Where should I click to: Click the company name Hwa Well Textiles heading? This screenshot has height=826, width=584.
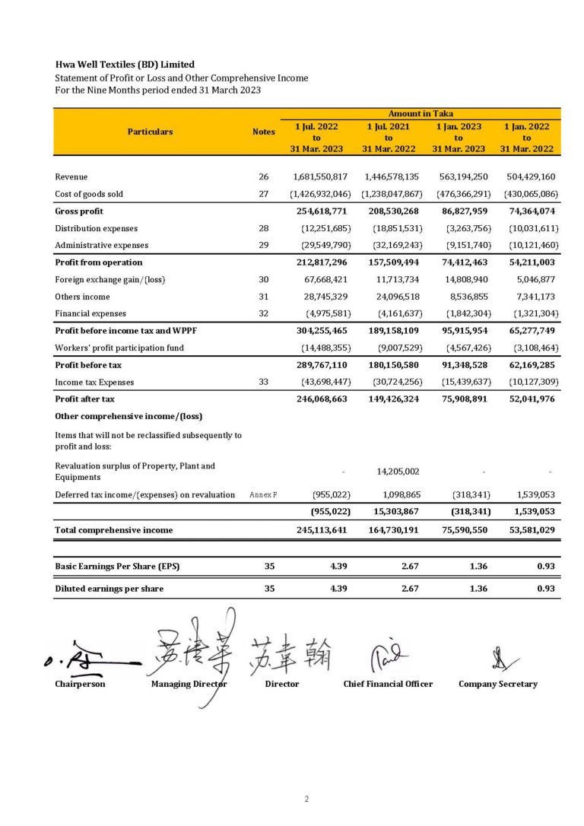(x=124, y=65)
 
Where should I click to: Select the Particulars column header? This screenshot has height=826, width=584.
(x=151, y=132)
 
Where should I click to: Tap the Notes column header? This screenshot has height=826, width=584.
(x=263, y=132)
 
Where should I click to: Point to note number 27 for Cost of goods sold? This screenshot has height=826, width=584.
(x=263, y=194)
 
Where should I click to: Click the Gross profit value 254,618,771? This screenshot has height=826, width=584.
(x=321, y=211)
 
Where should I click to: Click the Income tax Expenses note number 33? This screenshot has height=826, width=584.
(x=263, y=382)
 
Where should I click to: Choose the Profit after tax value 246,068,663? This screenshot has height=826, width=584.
(x=321, y=399)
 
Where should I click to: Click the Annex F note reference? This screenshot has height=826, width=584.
(x=263, y=495)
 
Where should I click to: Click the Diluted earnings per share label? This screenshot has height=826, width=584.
(x=109, y=588)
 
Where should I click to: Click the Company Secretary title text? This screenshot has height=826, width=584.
(x=497, y=684)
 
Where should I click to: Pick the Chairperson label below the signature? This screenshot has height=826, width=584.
(x=80, y=684)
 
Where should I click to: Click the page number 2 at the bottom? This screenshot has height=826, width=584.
(x=306, y=799)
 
